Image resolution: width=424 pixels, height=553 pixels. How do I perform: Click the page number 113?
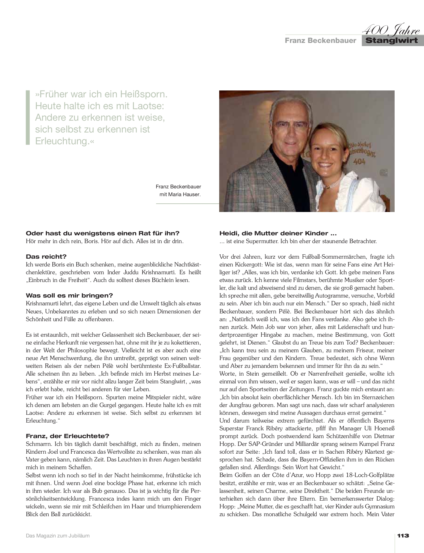click(x=403, y=536)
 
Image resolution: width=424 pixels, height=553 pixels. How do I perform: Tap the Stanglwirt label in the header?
click(x=391, y=40)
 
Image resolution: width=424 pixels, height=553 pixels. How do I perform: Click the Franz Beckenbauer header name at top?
click(x=320, y=41)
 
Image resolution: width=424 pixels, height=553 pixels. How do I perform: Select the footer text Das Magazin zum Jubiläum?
click(x=58, y=536)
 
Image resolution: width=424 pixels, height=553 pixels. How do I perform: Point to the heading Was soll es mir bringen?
click(x=69, y=295)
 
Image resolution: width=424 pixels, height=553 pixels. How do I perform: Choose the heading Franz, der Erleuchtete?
click(x=67, y=436)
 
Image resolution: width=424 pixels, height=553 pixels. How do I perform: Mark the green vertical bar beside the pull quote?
click(x=28, y=117)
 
